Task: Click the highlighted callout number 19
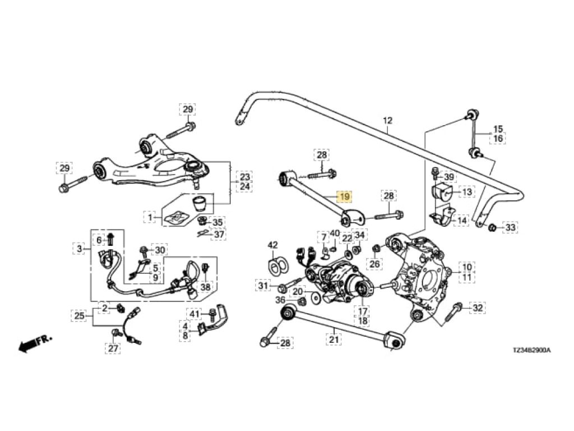point(344,197)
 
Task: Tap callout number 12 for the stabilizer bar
point(388,121)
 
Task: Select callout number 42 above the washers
point(272,245)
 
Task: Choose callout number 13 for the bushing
point(466,192)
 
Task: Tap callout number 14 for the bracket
point(462,221)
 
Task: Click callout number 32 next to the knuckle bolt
point(477,308)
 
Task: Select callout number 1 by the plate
point(150,216)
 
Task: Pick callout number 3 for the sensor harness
point(80,248)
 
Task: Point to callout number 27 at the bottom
point(114,349)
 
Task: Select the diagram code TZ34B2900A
point(531,350)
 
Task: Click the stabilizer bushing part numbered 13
point(443,190)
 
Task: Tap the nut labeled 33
point(492,227)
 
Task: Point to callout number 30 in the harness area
point(160,250)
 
